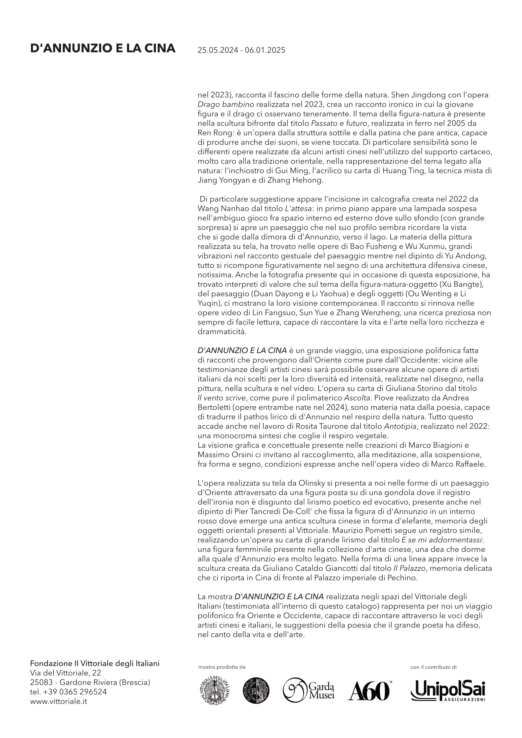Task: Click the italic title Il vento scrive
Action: click(222, 398)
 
